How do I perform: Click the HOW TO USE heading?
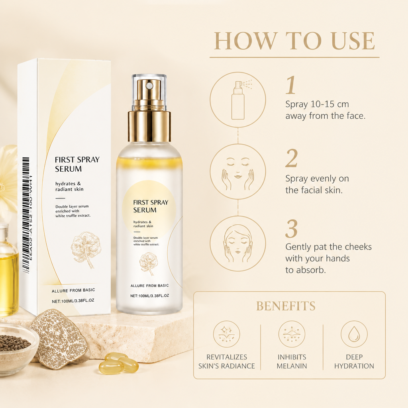click(294, 41)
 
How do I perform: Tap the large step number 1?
click(291, 85)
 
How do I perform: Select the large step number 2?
click(291, 158)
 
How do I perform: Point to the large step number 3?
click(291, 229)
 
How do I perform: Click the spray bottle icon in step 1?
click(238, 100)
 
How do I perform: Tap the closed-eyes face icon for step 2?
click(238, 172)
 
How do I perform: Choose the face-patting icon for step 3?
click(238, 244)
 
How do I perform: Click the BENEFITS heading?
click(286, 306)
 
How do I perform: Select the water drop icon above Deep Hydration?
click(354, 334)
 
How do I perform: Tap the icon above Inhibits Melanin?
click(292, 334)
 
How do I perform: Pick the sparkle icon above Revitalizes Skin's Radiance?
click(226, 334)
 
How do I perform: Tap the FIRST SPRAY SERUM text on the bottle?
click(151, 206)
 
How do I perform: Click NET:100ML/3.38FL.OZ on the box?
click(73, 301)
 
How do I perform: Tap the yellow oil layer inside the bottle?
click(149, 162)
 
